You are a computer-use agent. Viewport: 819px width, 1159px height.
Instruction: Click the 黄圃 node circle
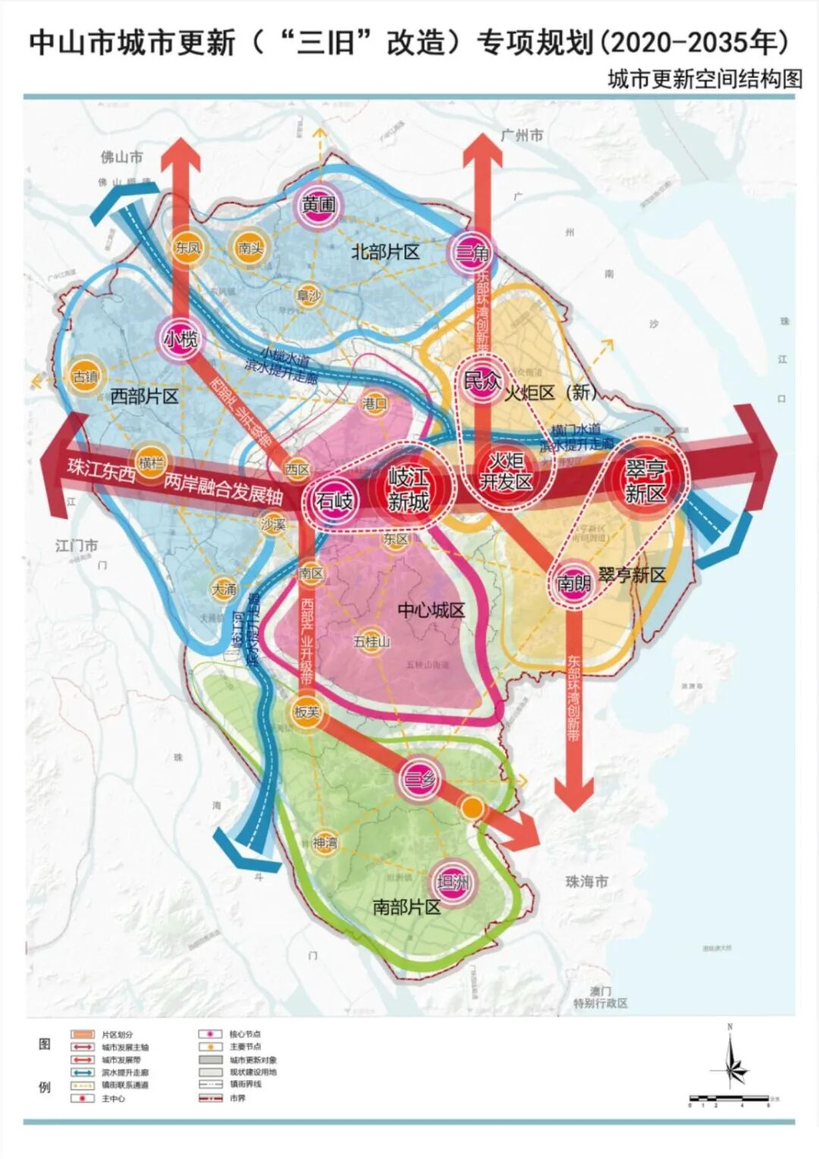point(318,205)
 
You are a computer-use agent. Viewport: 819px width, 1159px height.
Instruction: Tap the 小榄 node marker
point(181,339)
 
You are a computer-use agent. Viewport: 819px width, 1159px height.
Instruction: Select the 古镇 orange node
point(86,376)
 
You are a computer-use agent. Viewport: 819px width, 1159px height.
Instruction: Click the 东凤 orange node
point(187,247)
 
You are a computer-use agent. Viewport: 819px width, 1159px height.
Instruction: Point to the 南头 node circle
point(250,247)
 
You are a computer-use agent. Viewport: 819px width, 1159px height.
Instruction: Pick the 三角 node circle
point(472,252)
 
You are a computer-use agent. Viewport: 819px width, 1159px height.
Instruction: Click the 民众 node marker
point(482,381)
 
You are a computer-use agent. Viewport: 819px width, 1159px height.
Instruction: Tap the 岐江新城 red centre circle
point(408,489)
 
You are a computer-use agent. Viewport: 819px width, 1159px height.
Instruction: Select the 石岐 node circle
point(334,501)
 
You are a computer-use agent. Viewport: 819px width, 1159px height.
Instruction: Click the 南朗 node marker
point(573,583)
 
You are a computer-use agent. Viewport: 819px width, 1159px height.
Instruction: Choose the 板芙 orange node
point(306,712)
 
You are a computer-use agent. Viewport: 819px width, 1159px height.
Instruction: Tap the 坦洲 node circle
point(453,882)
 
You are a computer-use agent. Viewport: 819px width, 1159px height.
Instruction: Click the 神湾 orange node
point(325,843)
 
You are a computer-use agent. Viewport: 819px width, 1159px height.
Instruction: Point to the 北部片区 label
point(384,253)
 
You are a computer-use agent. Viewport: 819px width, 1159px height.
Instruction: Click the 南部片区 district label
point(406,907)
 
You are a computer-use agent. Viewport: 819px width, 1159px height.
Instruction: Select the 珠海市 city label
point(586,882)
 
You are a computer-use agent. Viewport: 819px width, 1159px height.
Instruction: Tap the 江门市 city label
point(77,545)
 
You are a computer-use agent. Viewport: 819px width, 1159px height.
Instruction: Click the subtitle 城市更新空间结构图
point(704,80)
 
